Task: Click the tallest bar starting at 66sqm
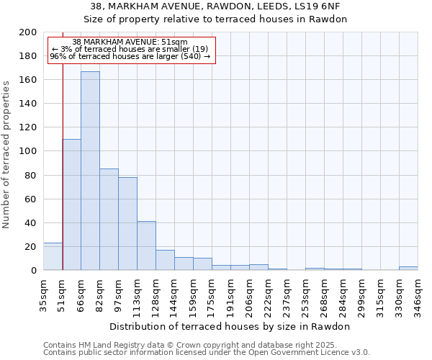pos(90,171)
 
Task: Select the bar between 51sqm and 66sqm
pos(71,204)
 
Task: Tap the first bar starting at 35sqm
pos(53,256)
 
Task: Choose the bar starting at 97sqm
pos(127,223)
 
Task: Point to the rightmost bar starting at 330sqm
pos(408,268)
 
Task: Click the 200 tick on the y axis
pos(28,32)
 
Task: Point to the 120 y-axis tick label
pos(28,127)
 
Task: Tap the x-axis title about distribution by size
pos(230,326)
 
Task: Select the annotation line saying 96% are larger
pos(130,56)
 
